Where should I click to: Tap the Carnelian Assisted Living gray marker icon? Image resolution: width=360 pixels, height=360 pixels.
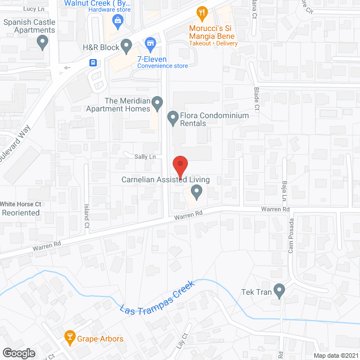pos(196,193)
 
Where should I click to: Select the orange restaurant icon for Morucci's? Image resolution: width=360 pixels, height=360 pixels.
pos(202,12)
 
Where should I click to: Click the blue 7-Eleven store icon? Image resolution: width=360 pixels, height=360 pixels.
pos(150,43)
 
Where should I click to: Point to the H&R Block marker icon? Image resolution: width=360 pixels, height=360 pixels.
pos(127,44)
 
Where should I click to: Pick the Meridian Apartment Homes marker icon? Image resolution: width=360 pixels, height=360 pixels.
pos(158,102)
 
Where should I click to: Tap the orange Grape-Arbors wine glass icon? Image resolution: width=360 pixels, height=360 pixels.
pos(70,338)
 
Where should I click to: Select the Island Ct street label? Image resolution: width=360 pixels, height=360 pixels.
pos(87,215)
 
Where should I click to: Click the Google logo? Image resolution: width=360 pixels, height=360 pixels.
pos(19,353)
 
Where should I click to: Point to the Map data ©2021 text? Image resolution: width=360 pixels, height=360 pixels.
pos(335,355)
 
